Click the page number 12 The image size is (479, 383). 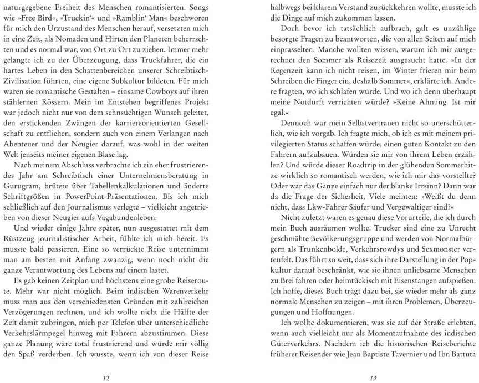click(x=106, y=363)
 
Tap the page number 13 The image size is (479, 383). click(x=373, y=363)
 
